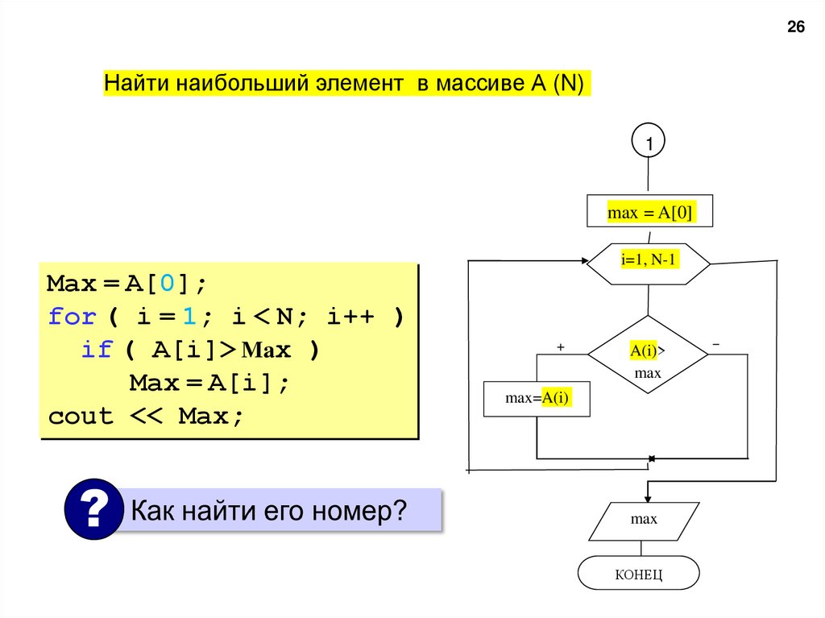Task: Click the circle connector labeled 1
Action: point(649,143)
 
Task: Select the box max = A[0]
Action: point(649,213)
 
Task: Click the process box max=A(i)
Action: point(537,398)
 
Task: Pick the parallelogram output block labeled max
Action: point(644,520)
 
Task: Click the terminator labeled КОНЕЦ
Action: point(638,574)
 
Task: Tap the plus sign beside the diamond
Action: point(561,346)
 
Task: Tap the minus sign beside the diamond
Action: point(715,344)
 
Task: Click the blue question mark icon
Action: point(93,509)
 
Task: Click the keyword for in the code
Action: point(72,317)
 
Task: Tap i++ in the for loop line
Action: point(352,317)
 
